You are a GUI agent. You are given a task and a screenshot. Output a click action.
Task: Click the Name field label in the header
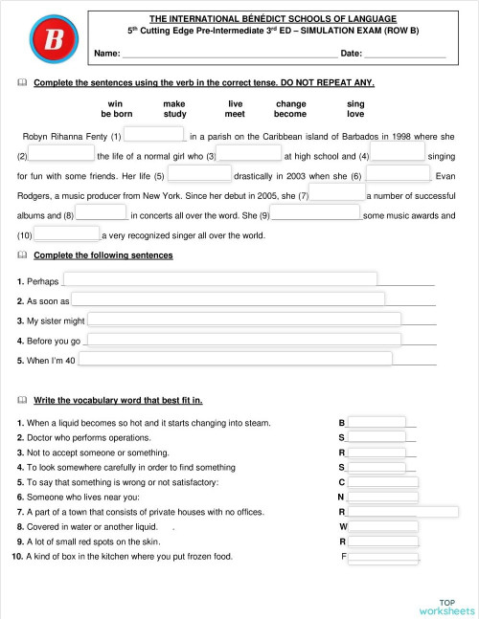(106, 53)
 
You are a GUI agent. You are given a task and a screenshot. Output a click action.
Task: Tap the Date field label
(351, 53)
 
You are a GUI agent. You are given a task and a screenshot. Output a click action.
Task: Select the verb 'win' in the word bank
(115, 102)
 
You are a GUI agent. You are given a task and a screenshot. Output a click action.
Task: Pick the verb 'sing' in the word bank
(355, 102)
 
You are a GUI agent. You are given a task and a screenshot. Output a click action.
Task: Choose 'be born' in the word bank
(116, 114)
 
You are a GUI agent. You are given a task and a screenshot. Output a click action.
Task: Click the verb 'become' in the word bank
(289, 114)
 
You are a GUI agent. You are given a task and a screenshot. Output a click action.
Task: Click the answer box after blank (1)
(153, 135)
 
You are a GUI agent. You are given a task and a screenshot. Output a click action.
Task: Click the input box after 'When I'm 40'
(235, 360)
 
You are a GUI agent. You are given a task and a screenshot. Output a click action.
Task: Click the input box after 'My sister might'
(243, 320)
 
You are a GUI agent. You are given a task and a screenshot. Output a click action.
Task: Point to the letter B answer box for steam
(376, 422)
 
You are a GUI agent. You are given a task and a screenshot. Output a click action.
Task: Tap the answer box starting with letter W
(383, 526)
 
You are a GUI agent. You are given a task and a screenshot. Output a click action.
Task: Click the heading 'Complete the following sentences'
(103, 255)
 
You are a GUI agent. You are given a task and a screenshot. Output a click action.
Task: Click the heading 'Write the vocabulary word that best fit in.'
(117, 399)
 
